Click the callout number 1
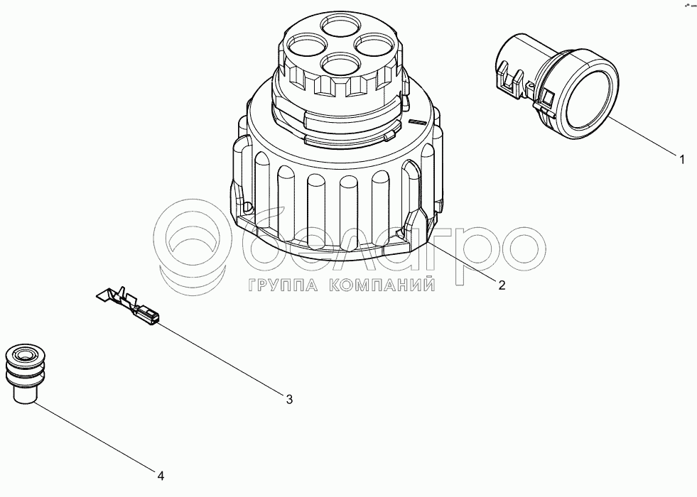(682, 159)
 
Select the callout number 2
(502, 285)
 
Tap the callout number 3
(289, 399)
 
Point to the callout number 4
(161, 476)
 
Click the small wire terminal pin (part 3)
(128, 305)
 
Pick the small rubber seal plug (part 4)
(24, 373)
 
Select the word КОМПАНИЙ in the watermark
(382, 285)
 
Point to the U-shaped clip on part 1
(510, 77)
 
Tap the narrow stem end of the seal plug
(24, 394)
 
